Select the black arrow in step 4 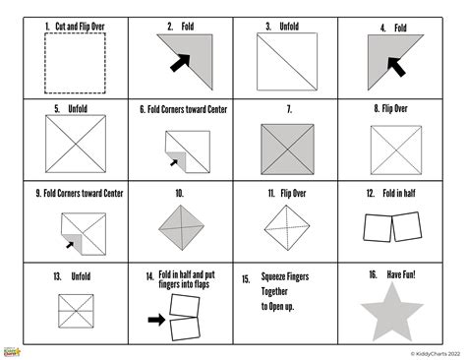(397, 67)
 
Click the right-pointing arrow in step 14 (155, 320)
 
